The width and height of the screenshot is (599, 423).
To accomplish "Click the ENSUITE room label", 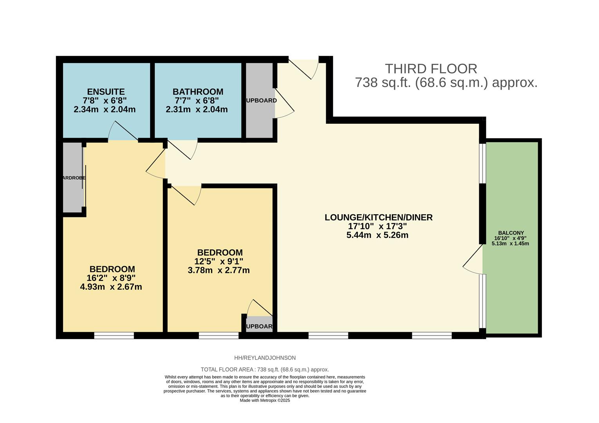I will coord(106,92).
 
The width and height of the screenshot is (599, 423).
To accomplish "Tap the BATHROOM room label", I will coord(198,92).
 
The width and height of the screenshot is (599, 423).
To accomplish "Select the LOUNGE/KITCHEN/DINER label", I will coord(378,217).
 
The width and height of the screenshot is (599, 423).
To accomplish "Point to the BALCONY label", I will coord(511,233).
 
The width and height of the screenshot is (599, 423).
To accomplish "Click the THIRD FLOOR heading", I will coord(431,69).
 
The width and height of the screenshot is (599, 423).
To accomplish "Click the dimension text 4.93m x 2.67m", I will coord(111,287).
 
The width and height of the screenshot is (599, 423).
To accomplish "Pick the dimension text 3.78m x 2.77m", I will coord(218,270).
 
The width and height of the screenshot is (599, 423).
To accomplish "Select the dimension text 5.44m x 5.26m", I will coord(377,235).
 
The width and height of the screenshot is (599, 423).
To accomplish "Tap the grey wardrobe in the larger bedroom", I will coord(73,177).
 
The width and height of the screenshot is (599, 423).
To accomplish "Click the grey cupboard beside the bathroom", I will coord(260,100).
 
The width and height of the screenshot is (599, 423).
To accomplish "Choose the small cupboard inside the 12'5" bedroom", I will coord(259,325).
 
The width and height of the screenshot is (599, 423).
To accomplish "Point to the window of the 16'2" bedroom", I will coord(114,335).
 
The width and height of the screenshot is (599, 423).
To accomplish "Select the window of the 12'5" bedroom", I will coord(218,335).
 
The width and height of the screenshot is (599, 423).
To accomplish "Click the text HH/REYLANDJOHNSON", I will coord(265,358).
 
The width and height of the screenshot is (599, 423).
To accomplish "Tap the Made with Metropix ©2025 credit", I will coord(265,401).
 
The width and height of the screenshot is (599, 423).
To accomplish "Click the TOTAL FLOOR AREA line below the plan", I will coord(265,369).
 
